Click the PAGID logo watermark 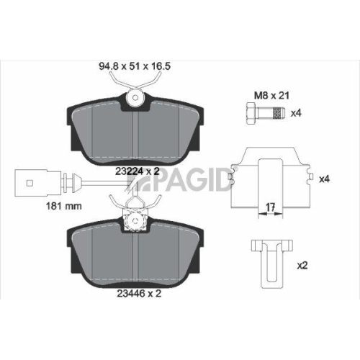click(194, 179)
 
